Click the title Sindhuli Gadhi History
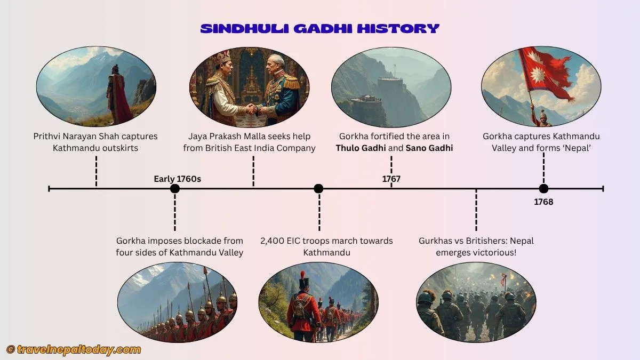click(319, 28)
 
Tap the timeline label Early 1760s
click(177, 179)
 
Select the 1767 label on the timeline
click(391, 179)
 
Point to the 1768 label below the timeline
click(543, 202)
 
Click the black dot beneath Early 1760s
click(174, 188)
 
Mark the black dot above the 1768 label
click(543, 188)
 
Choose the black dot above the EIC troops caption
click(318, 188)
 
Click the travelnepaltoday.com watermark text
click(79, 349)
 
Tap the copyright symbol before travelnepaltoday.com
click(11, 349)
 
